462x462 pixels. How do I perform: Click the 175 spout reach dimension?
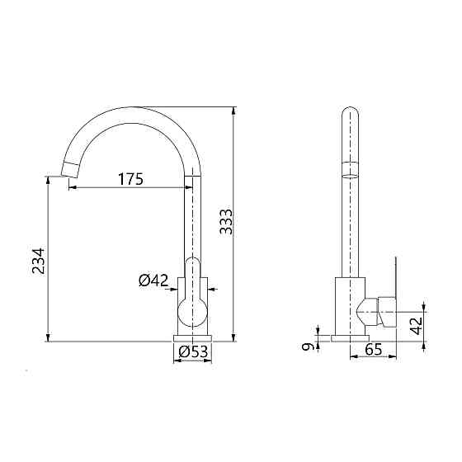point(131,179)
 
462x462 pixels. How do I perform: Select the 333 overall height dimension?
point(226,222)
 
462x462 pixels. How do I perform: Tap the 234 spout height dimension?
point(39,261)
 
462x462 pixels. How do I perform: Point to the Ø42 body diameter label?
point(153,280)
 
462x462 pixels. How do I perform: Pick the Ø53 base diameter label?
point(193,351)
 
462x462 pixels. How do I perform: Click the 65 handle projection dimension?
point(373,350)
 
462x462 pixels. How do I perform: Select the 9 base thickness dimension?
point(307,346)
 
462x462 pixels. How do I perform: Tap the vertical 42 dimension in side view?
point(417,326)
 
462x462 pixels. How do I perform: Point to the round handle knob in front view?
point(192,313)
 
